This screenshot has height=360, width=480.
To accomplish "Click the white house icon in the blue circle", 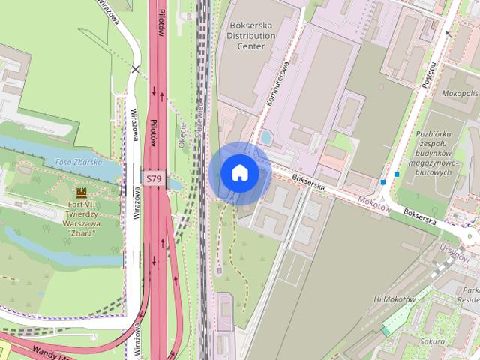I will coord(239,173).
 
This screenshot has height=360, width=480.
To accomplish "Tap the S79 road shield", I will coord(153,178).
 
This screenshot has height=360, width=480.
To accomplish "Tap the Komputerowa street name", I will coord(277,88).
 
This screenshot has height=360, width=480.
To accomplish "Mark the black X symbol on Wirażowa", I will coord(135,70).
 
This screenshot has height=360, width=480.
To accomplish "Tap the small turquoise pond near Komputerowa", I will coord(267,137).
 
